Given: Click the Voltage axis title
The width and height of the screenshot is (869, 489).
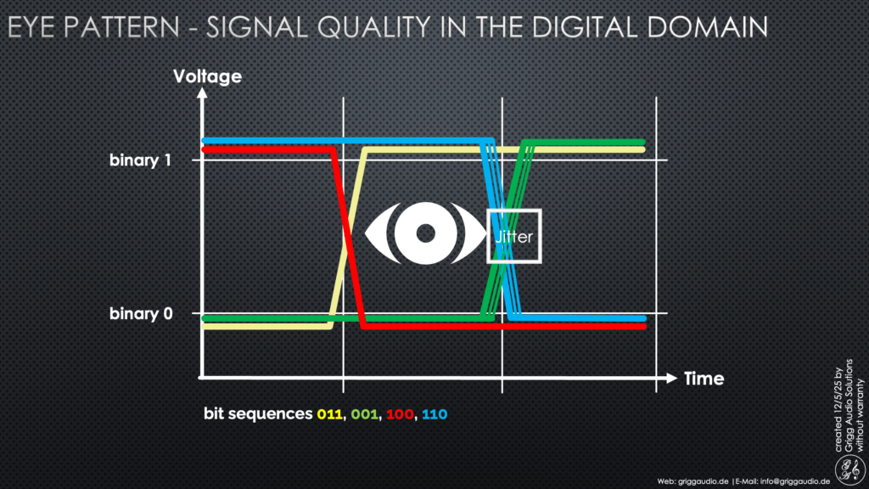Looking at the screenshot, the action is [x=207, y=76].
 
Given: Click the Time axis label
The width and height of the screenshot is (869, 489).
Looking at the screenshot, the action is [x=704, y=379].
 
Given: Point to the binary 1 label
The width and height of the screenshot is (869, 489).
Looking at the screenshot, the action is [x=140, y=160].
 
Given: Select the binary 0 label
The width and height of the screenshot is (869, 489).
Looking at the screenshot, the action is [x=141, y=314].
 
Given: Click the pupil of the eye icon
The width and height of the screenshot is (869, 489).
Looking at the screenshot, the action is [x=426, y=233].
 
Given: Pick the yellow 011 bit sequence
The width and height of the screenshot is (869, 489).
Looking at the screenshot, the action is [x=330, y=414].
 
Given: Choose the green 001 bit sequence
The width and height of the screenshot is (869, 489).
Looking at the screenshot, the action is [x=365, y=414].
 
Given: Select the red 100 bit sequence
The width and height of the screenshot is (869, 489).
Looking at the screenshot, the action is [x=401, y=414].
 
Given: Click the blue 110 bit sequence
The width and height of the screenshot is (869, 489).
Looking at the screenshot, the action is [x=434, y=414].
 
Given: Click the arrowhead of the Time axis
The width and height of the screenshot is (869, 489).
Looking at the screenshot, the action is [x=672, y=378].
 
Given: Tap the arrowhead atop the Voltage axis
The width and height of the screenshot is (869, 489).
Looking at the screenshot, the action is [x=202, y=93].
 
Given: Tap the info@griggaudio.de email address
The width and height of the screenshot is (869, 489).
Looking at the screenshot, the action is [x=795, y=481].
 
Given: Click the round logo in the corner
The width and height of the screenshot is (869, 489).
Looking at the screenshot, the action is [x=850, y=469].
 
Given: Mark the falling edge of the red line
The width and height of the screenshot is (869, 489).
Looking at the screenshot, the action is [x=348, y=239].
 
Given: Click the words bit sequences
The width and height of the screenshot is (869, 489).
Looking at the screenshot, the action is [x=258, y=414].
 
